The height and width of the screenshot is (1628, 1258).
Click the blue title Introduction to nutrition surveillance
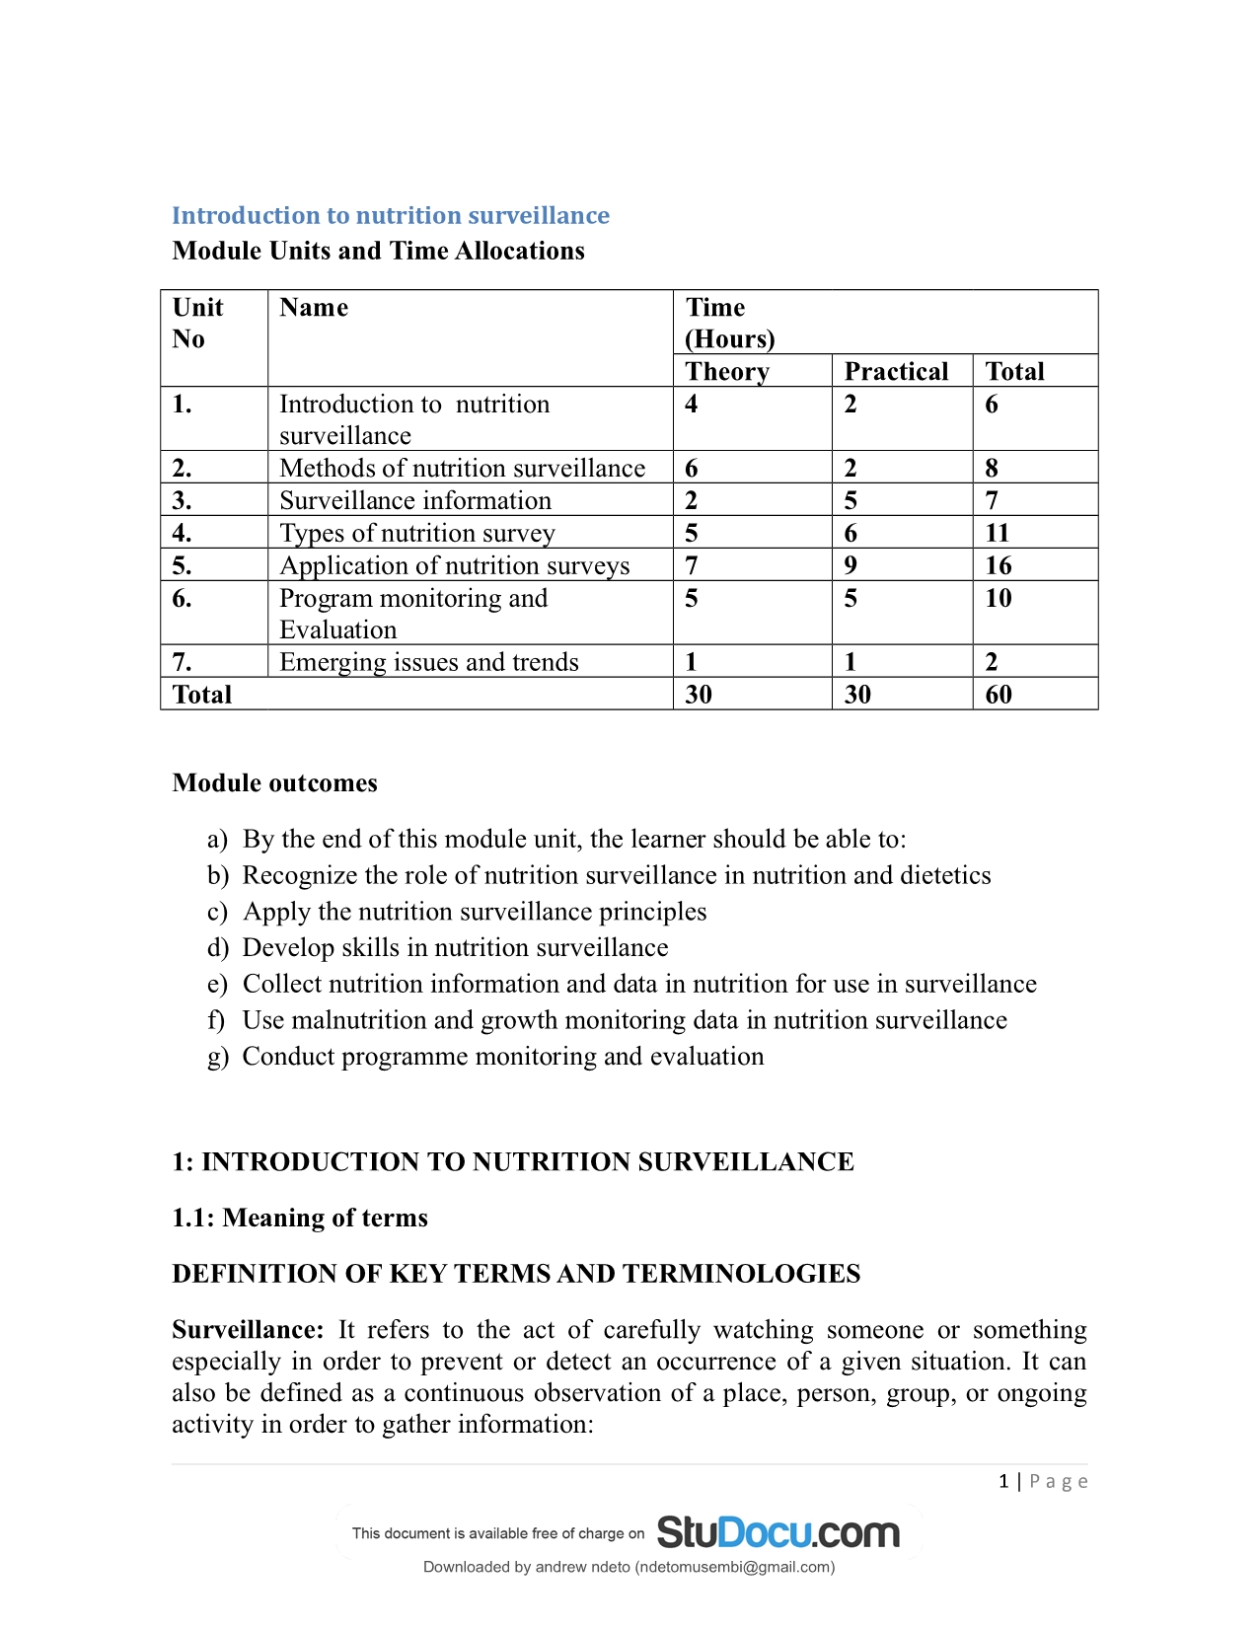[x=391, y=215]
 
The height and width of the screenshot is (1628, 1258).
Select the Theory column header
[x=727, y=371]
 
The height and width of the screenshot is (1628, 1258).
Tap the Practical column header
[x=896, y=371]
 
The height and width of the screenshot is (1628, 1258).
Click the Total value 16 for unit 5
[x=999, y=565]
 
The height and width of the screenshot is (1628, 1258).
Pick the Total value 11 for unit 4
[x=998, y=533]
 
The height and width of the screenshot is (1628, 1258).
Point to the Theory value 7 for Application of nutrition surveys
[x=692, y=565]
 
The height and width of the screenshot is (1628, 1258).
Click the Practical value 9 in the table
[x=851, y=565]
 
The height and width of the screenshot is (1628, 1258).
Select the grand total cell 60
[x=999, y=695]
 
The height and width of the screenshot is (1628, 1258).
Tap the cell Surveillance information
[x=415, y=500]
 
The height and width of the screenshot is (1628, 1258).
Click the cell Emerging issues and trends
[x=429, y=662]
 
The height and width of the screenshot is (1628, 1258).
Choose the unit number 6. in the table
[x=183, y=598]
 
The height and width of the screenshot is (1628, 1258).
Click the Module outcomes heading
[x=274, y=782]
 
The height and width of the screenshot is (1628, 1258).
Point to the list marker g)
[x=218, y=1057]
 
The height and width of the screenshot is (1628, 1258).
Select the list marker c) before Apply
[x=218, y=912]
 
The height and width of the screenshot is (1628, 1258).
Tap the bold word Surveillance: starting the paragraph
[x=248, y=1330]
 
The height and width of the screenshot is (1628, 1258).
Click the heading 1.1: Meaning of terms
[x=300, y=1218]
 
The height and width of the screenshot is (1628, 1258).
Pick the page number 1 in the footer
[x=1003, y=1481]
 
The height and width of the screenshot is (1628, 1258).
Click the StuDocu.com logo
[x=777, y=1532]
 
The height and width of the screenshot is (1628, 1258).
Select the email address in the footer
[x=734, y=1567]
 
